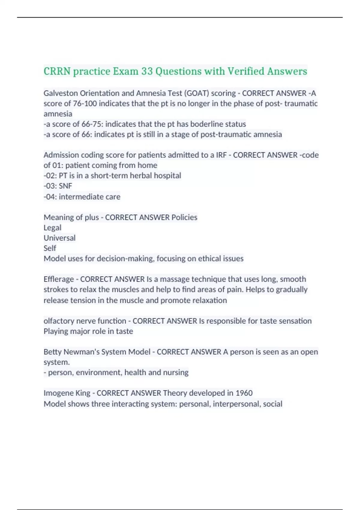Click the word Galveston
pos(60,93)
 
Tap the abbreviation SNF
pos(65,186)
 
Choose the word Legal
pos(52,228)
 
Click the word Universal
pos(59,238)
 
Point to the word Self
pos(50,248)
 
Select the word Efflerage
pos(58,279)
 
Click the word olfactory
pos(59,321)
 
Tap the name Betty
pos(52,352)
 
